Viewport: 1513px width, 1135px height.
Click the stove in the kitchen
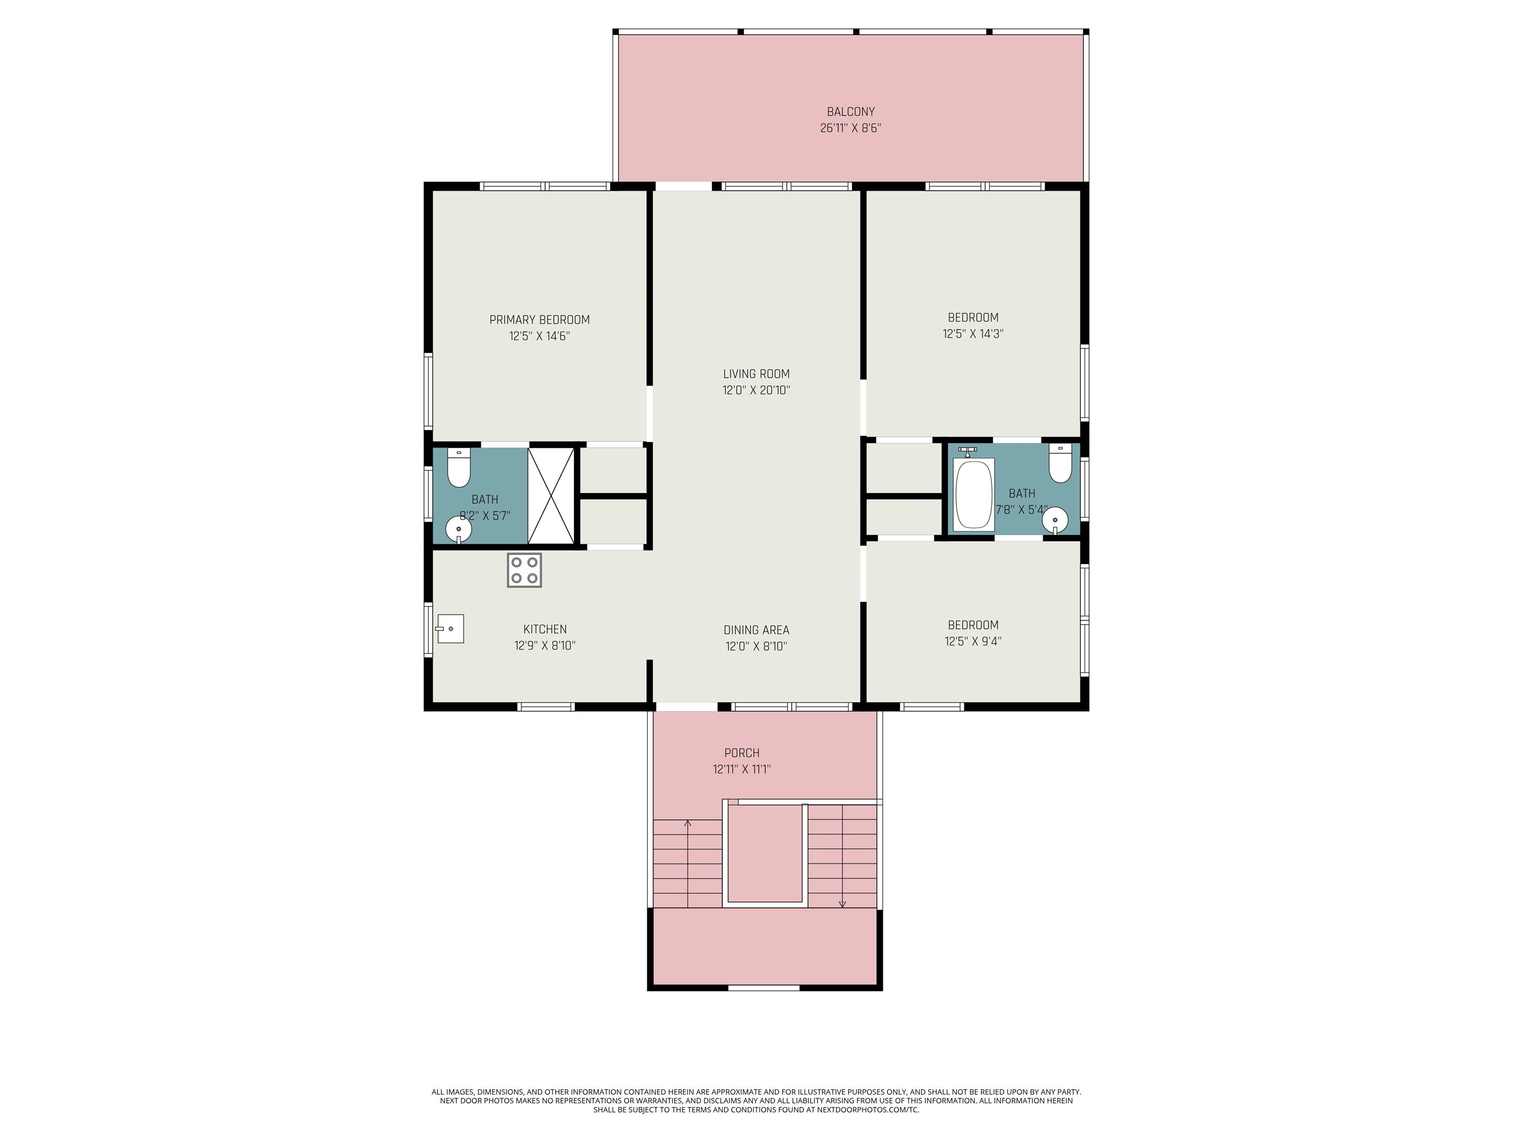click(x=524, y=570)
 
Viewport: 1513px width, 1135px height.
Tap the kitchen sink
click(x=450, y=629)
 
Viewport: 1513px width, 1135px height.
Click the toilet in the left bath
click(x=458, y=468)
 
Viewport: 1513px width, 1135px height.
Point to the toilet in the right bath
click(x=1060, y=464)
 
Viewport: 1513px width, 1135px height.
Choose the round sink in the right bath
click(x=1055, y=520)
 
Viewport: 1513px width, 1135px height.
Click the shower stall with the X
click(x=551, y=496)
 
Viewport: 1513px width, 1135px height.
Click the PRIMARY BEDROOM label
click(x=540, y=320)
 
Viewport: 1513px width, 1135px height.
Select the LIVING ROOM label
click(x=756, y=373)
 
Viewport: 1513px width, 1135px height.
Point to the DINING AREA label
click(x=756, y=630)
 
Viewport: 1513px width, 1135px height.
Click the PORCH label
click(x=742, y=753)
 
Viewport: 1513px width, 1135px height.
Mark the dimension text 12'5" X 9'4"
click(x=973, y=641)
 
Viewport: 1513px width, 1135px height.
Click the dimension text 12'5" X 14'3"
click(x=973, y=334)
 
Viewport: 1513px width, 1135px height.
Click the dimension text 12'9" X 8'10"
click(x=545, y=645)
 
